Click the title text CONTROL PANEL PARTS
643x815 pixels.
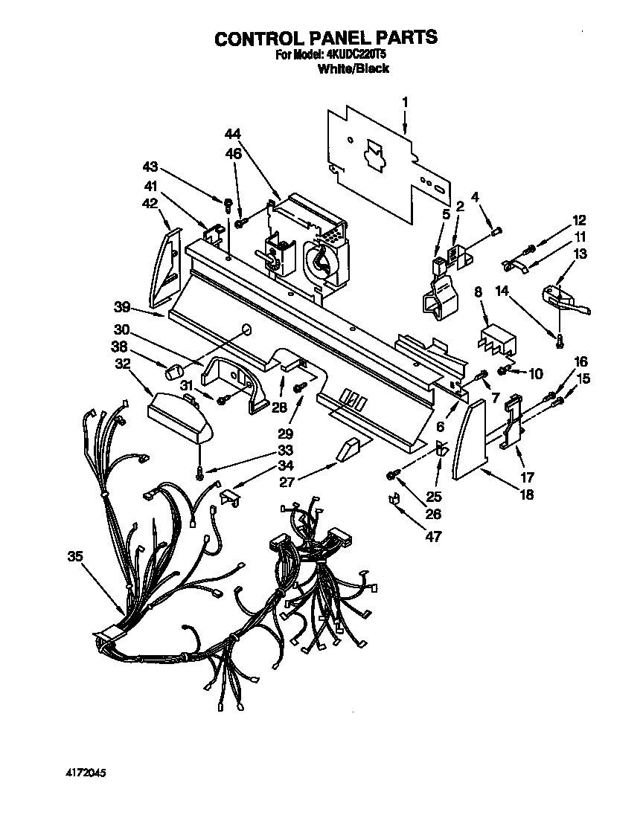326,39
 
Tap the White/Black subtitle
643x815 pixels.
354,68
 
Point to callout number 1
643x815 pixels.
406,101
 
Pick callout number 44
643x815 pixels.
234,133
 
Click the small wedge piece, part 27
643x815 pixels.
348,451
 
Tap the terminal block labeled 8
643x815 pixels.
494,338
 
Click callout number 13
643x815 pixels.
580,254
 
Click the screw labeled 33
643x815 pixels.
199,471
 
